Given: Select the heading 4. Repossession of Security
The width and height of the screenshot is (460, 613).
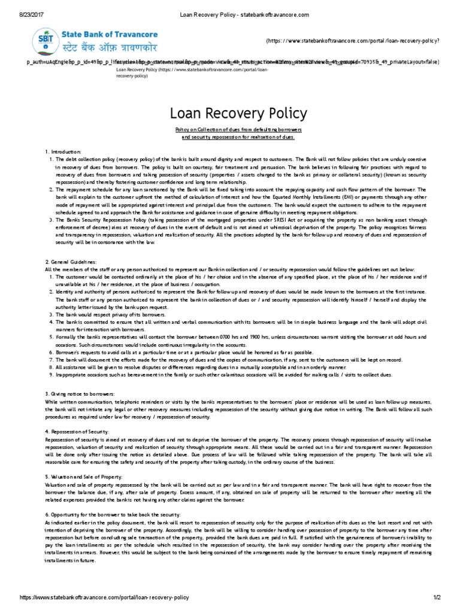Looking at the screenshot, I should [x=77, y=430].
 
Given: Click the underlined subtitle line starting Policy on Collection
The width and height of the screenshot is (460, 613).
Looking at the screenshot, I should [x=238, y=129].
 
